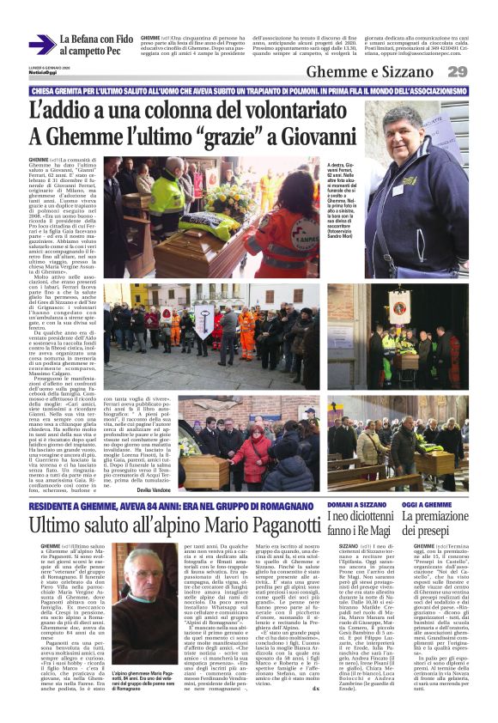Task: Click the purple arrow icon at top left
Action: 41,45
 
